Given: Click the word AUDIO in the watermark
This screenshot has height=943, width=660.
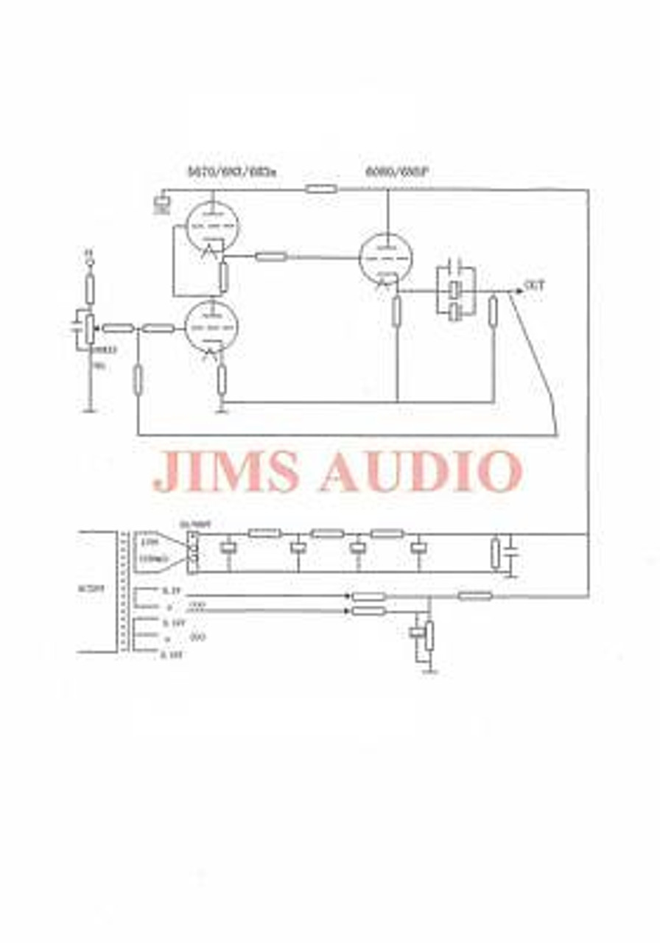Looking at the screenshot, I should pyautogui.click(x=421, y=471).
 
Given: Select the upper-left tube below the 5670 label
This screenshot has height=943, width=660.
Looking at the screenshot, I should pyautogui.click(x=214, y=226).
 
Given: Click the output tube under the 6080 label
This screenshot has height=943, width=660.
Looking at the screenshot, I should pyautogui.click(x=386, y=258).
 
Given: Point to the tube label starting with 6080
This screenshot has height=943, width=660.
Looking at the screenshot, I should pyautogui.click(x=397, y=172).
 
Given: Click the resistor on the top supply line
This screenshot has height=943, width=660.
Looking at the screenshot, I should pyautogui.click(x=321, y=189).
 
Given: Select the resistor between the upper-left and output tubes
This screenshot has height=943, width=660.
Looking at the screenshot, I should pyautogui.click(x=270, y=256).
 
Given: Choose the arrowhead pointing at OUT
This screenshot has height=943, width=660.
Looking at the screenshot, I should pyautogui.click(x=520, y=290).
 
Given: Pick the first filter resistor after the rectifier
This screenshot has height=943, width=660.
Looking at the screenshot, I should pyautogui.click(x=264, y=533).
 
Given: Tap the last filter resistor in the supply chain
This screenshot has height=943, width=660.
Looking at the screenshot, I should pyautogui.click(x=387, y=533).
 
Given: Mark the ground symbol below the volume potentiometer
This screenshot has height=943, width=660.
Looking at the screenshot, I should pyautogui.click(x=90, y=410).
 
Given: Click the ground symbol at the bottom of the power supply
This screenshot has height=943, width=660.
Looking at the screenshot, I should pyautogui.click(x=430, y=671).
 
